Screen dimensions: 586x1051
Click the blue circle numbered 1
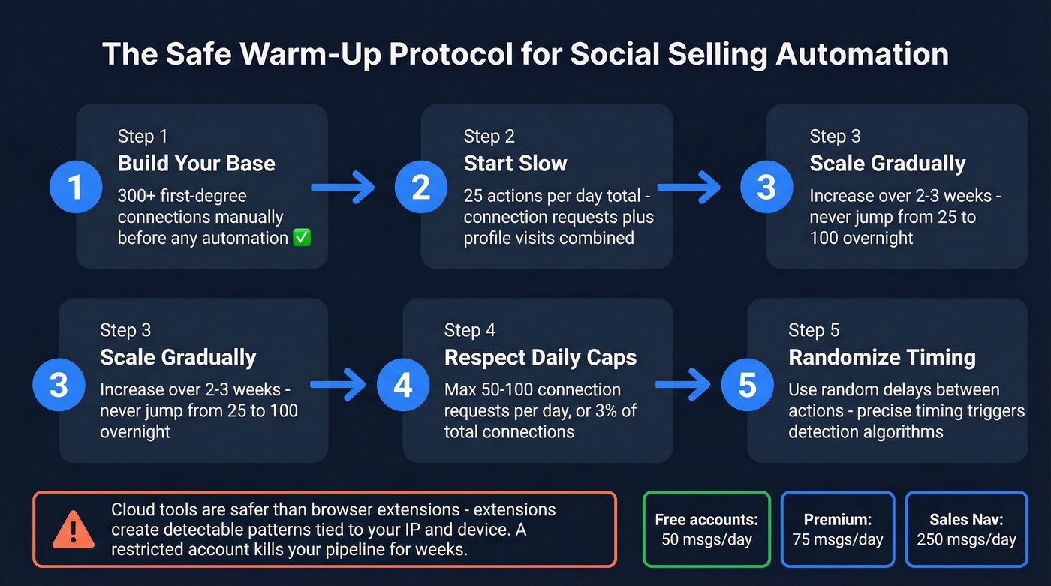pyautogui.click(x=75, y=187)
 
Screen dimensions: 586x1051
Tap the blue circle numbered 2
pyautogui.click(x=421, y=187)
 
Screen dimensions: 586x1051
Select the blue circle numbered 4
pyautogui.click(x=403, y=385)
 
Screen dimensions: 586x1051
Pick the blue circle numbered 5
pyautogui.click(x=747, y=385)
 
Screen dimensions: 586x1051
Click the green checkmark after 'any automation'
pyautogui.click(x=303, y=238)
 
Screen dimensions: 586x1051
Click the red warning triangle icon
pyautogui.click(x=73, y=529)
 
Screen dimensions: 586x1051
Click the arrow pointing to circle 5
pyautogui.click(x=682, y=385)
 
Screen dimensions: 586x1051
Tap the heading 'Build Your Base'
pyautogui.click(x=196, y=164)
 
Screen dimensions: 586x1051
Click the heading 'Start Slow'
pyautogui.click(x=515, y=164)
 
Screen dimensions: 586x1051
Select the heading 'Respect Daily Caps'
pyautogui.click(x=541, y=357)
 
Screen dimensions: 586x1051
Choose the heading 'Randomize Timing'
pyautogui.click(x=881, y=357)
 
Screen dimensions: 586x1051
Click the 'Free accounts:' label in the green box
pyautogui.click(x=706, y=519)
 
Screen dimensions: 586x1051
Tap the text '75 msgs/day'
pyautogui.click(x=837, y=539)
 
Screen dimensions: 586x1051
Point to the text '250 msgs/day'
pyautogui.click(x=966, y=539)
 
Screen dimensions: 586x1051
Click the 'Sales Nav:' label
pyautogui.click(x=966, y=519)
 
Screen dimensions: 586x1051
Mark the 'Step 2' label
pyautogui.click(x=489, y=136)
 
